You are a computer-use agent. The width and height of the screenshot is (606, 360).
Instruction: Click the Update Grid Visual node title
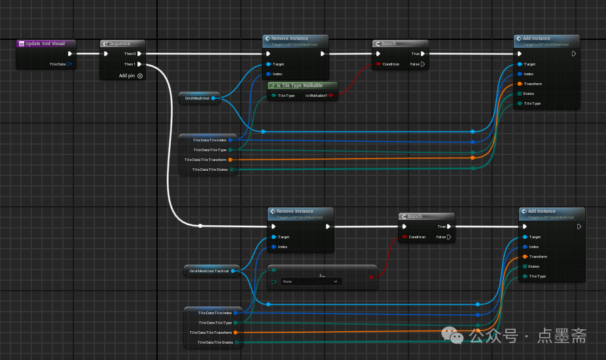click(x=45, y=44)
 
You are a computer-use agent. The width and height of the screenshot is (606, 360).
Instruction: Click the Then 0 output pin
click(x=139, y=54)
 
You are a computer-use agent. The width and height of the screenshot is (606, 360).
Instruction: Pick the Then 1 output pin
click(x=139, y=64)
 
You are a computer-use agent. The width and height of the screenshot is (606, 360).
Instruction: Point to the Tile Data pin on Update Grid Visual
click(x=69, y=64)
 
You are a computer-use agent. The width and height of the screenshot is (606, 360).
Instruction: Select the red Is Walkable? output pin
click(x=330, y=96)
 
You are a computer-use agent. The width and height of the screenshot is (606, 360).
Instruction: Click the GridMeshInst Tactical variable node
click(x=209, y=270)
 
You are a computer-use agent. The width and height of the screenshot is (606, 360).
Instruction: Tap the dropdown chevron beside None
click(x=336, y=281)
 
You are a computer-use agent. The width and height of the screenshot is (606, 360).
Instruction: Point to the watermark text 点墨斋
click(x=562, y=336)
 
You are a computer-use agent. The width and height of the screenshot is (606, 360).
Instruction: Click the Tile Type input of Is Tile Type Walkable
click(x=274, y=96)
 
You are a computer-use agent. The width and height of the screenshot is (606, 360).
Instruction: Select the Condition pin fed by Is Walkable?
click(x=378, y=64)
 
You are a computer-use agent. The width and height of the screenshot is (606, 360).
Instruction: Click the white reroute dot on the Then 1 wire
click(x=200, y=226)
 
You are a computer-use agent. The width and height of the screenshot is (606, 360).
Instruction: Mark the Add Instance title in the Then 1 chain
click(x=541, y=211)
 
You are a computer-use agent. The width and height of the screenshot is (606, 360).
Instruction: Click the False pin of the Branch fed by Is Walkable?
click(x=423, y=64)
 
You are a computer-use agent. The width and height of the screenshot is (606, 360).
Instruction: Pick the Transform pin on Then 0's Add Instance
click(x=520, y=84)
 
